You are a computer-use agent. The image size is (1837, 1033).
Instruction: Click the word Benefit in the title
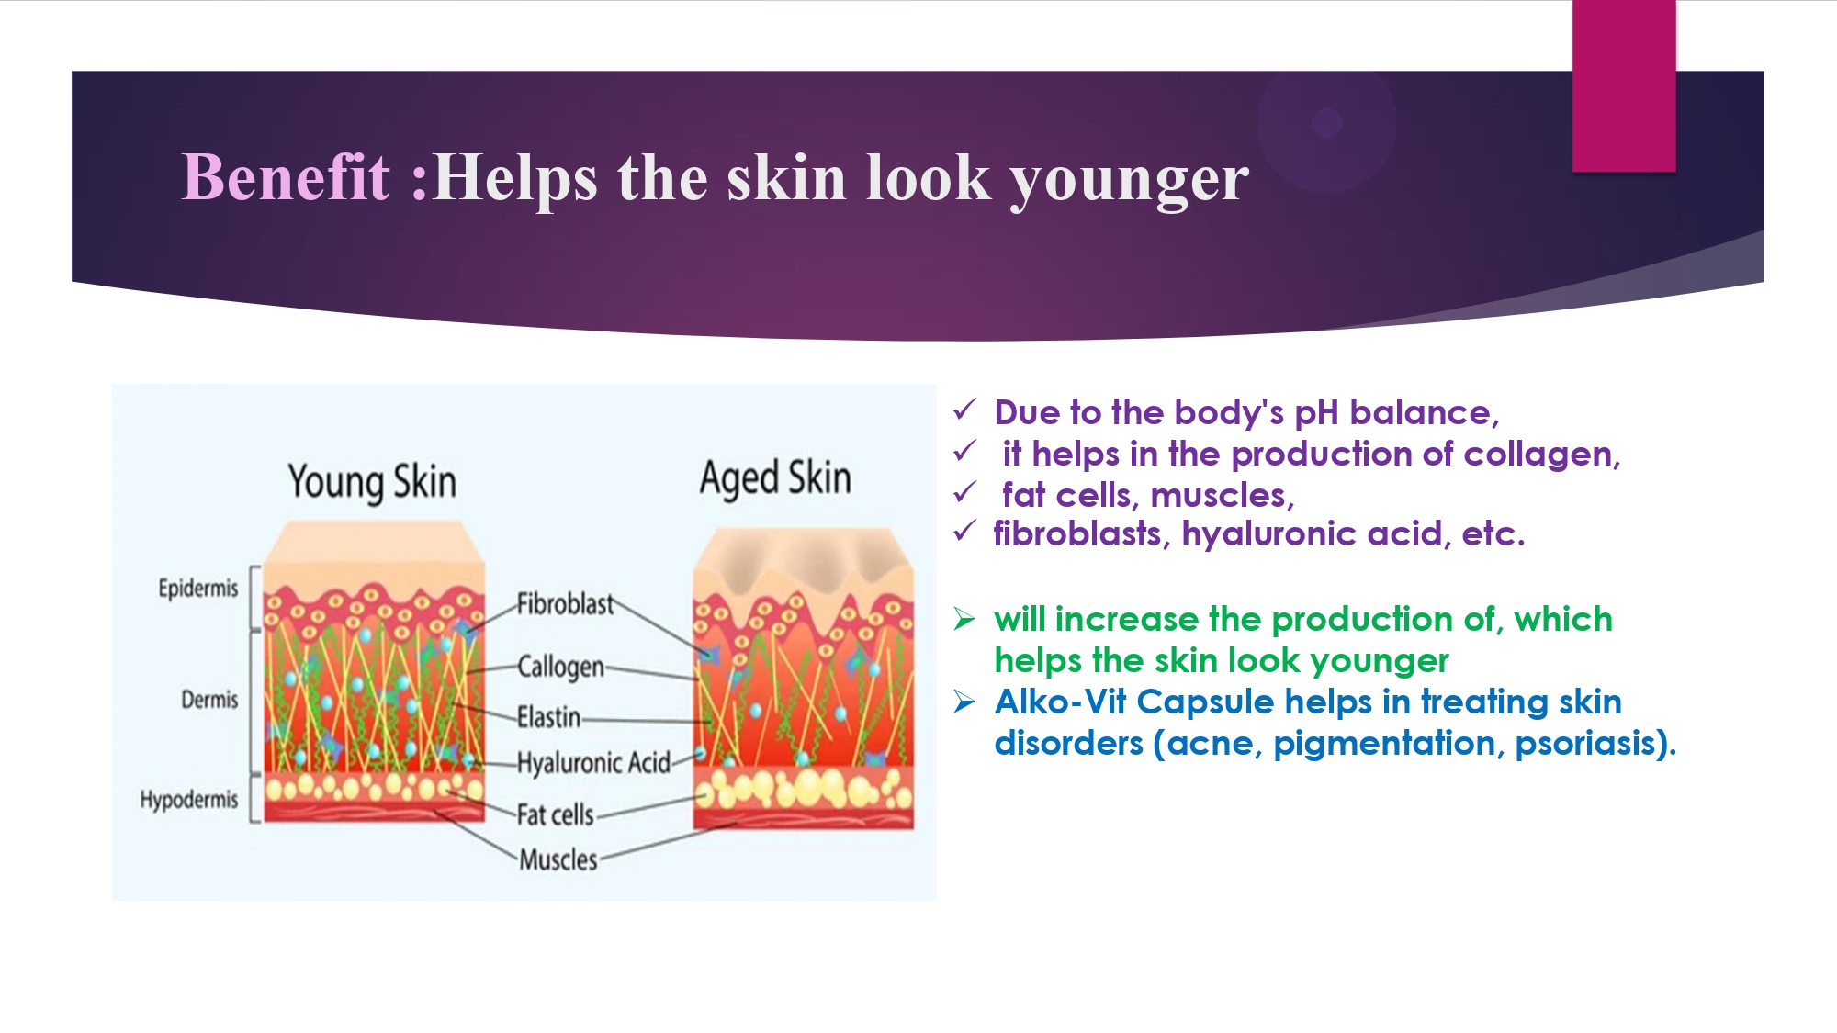[x=287, y=176]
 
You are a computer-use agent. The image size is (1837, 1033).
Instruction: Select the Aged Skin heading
[x=776, y=479]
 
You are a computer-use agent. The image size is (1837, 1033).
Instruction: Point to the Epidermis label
[x=198, y=589]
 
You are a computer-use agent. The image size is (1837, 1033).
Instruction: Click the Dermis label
[x=209, y=700]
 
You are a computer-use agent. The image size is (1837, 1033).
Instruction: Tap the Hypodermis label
[x=189, y=800]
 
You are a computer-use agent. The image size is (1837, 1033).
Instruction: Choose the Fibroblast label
[x=565, y=604]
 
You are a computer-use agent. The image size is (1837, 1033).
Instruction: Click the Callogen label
[x=561, y=668]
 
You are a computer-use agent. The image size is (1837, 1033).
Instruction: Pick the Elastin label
[x=549, y=717]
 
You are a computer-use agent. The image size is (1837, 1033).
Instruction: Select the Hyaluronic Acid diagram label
[x=594, y=763]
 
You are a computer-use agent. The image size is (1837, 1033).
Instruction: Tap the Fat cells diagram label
[x=556, y=814]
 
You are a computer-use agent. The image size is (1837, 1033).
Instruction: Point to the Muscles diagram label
[x=558, y=860]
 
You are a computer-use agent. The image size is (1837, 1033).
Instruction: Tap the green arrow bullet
[x=964, y=619]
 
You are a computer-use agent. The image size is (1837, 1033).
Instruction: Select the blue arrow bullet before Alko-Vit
[x=964, y=702]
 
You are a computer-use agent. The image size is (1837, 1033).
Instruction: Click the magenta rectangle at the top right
[x=1624, y=85]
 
